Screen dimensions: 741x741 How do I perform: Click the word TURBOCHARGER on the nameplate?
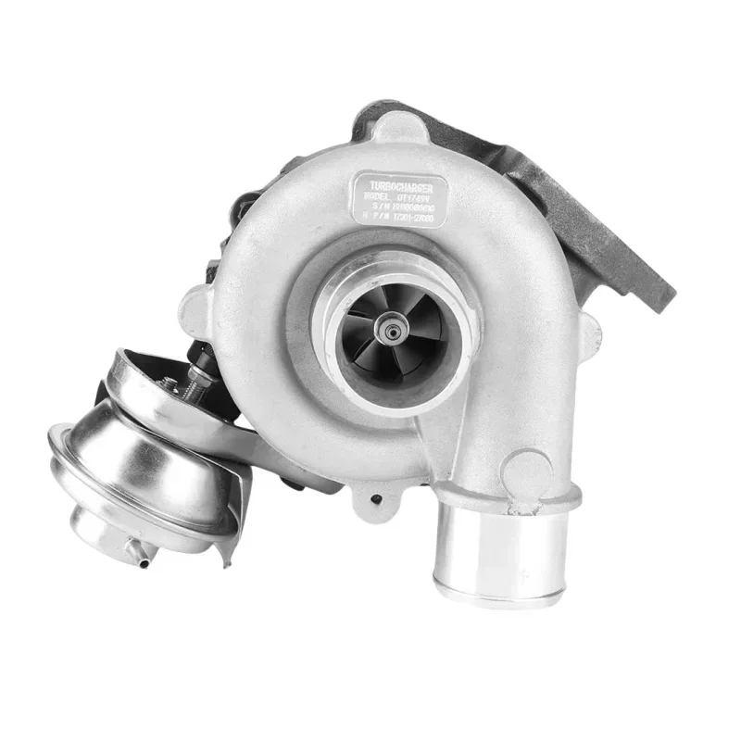click(400, 187)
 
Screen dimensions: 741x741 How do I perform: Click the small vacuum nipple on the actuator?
click(139, 556)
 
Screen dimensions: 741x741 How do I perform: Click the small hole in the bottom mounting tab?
click(375, 498)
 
